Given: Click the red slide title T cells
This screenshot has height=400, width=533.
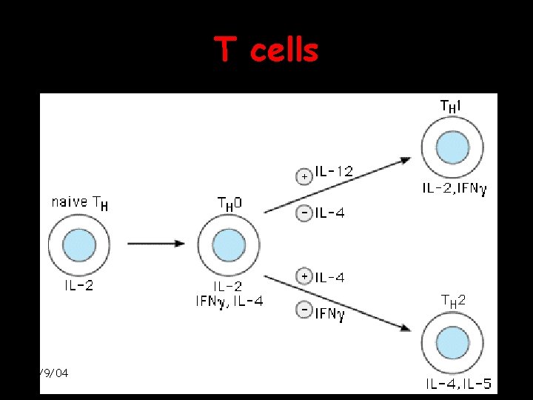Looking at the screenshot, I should [x=267, y=50].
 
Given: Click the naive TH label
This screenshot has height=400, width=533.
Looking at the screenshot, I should [x=80, y=202].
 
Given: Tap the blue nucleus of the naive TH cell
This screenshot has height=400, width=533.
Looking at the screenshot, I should [x=79, y=244].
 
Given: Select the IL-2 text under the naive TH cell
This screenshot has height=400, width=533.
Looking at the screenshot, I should [x=78, y=284].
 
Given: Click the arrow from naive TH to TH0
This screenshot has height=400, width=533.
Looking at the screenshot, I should [x=155, y=243].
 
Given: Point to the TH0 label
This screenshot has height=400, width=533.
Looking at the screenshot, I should [x=229, y=203].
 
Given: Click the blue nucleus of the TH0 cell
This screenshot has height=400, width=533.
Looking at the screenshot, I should [x=228, y=245].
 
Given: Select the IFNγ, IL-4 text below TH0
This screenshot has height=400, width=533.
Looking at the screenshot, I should [x=229, y=300].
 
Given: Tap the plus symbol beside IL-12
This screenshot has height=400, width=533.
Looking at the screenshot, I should [x=304, y=177].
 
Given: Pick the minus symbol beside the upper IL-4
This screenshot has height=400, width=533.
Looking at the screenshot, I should [x=304, y=213].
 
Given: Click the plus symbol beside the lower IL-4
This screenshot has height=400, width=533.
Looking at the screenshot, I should [x=304, y=276].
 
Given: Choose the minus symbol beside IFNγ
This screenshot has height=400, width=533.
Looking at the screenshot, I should [x=304, y=310].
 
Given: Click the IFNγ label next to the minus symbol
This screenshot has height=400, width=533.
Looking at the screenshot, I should [x=330, y=314].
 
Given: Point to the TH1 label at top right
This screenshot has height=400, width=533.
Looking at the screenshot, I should [x=452, y=107].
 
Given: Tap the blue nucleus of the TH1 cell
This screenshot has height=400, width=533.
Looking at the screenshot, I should [x=452, y=147].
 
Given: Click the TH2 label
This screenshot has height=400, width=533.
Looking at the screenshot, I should [x=453, y=300].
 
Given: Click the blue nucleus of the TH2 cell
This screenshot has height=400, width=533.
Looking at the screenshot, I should [x=452, y=343].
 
